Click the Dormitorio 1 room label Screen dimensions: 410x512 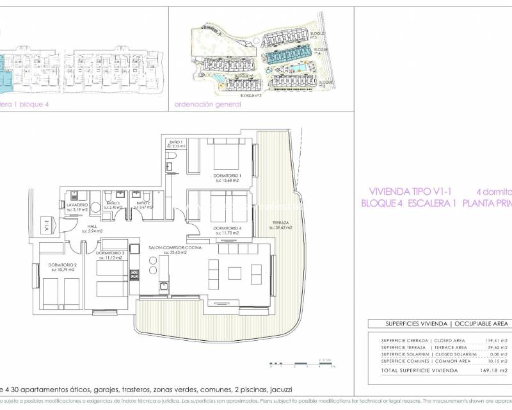click(x=227, y=175)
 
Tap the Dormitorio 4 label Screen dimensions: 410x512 click(x=227, y=228)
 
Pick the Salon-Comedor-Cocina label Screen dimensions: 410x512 click(x=168, y=248)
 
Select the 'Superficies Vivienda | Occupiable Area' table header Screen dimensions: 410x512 click(x=439, y=324)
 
